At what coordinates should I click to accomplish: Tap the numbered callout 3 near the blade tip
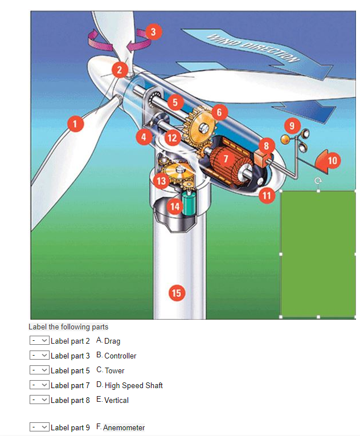pos(152,32)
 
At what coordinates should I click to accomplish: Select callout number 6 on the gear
pos(219,112)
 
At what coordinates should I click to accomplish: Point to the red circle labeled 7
pos(226,158)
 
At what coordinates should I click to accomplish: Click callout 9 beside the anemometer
pos(292,125)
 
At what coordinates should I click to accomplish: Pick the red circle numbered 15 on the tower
pos(177,293)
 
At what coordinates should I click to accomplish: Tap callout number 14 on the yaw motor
pos(175,206)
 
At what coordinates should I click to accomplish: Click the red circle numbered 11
pos(267,195)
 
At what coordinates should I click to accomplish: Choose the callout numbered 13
pos(161,181)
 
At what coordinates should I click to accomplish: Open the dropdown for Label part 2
pos(39,340)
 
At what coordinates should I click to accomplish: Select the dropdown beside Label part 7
pos(39,385)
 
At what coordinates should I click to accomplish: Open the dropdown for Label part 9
pos(39,427)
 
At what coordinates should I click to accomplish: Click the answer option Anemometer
pos(124,427)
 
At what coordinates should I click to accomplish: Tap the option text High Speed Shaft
pos(133,385)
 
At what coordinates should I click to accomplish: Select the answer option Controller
pos(120,356)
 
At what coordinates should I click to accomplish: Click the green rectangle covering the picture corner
pos(317,254)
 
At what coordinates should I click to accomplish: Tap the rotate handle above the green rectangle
pos(318,181)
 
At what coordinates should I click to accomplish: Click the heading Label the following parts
pos(68,327)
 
